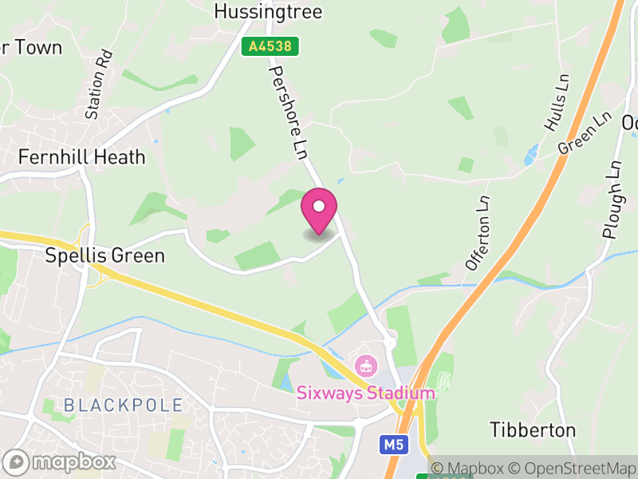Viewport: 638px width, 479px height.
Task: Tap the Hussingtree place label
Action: (x=268, y=11)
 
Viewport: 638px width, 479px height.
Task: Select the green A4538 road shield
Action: (x=270, y=47)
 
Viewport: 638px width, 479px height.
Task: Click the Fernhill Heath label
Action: (x=83, y=156)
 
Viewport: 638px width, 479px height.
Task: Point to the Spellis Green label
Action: (x=104, y=256)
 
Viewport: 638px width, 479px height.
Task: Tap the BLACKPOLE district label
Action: (x=123, y=405)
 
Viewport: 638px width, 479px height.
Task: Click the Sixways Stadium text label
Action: (x=366, y=393)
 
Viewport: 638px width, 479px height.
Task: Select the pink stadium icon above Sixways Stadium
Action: (x=366, y=367)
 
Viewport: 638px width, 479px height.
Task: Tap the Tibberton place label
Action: (x=533, y=430)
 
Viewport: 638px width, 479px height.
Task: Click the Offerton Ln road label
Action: (x=478, y=232)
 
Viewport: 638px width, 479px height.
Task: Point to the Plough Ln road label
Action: (x=612, y=200)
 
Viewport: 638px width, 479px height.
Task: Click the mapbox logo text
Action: (x=72, y=461)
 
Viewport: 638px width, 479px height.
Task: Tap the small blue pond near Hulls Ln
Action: (x=530, y=155)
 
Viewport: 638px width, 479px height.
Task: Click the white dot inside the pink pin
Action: (x=319, y=206)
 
